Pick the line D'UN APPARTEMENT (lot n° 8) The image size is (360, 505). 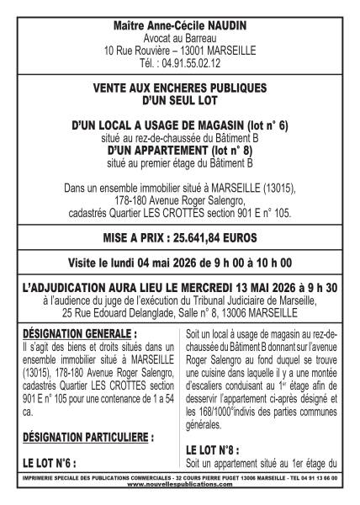[x=179, y=150]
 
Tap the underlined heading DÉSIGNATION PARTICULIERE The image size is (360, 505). [x=86, y=438]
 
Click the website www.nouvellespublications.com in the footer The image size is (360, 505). [x=179, y=485]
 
